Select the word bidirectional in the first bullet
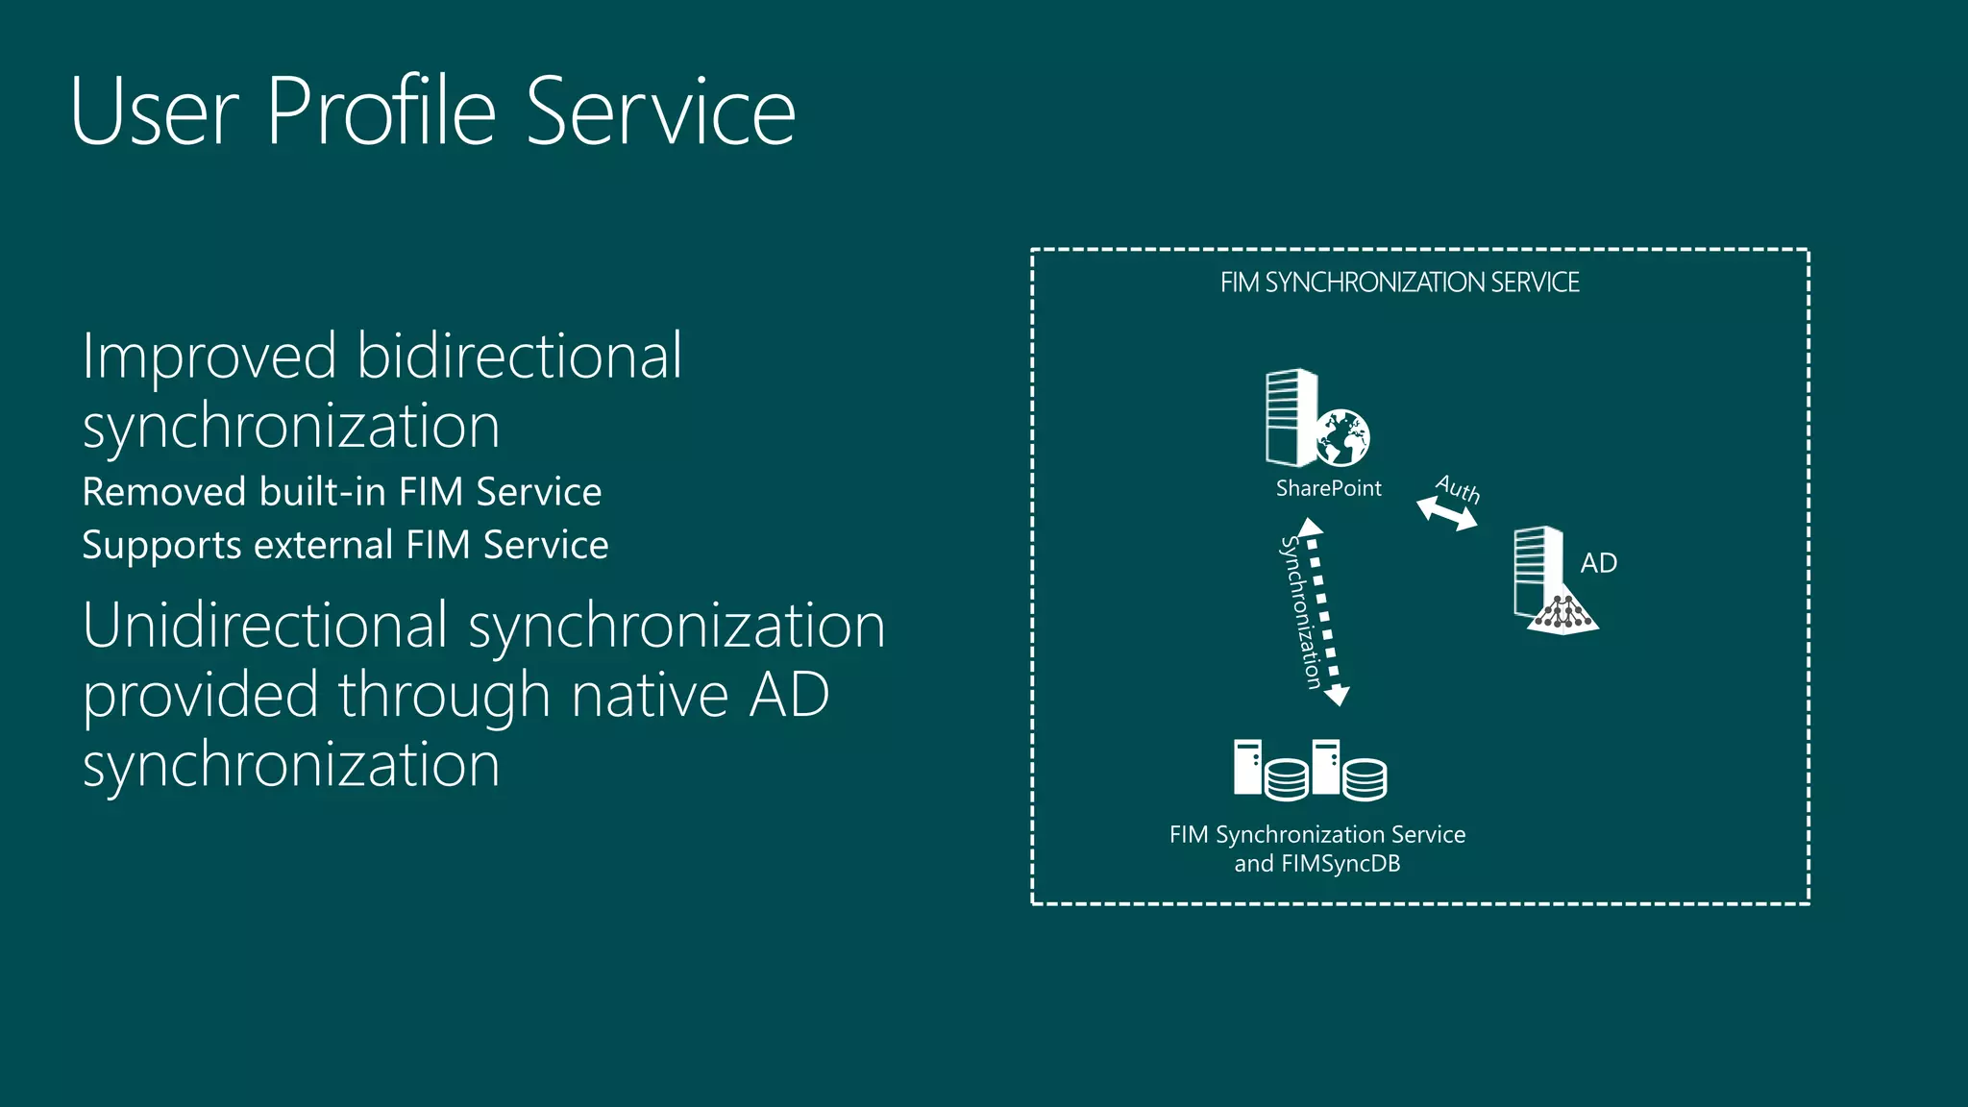(519, 356)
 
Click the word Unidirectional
(265, 626)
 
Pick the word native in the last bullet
(650, 695)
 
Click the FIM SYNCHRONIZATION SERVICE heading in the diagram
(1399, 283)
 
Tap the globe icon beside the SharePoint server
(1342, 437)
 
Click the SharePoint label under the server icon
(1328, 488)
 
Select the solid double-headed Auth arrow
(1447, 514)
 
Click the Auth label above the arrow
(1458, 489)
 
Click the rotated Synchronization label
(1300, 612)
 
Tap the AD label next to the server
(1598, 563)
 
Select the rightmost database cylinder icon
(1365, 778)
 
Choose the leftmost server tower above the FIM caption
(1247, 767)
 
